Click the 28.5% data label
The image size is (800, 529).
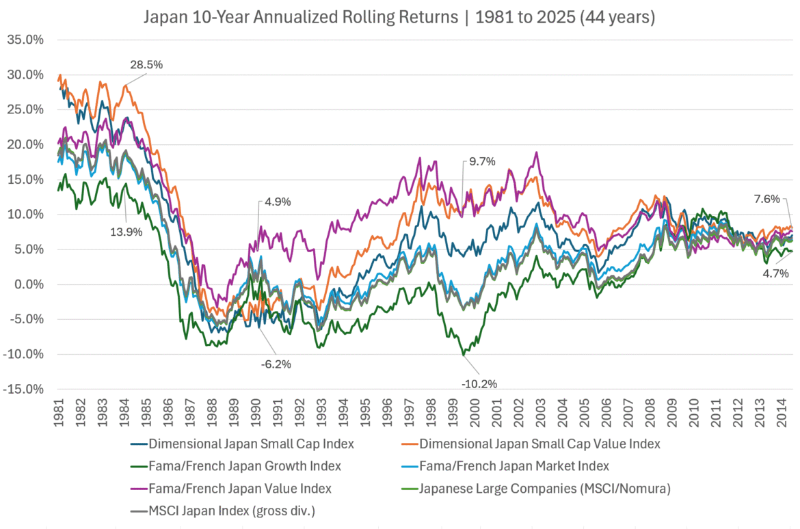click(146, 65)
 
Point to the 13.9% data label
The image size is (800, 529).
click(126, 232)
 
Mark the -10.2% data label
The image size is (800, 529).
click(479, 383)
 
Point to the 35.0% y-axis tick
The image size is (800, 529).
click(25, 40)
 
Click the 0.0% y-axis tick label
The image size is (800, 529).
click(28, 284)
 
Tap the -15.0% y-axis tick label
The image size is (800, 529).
click(25, 390)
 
